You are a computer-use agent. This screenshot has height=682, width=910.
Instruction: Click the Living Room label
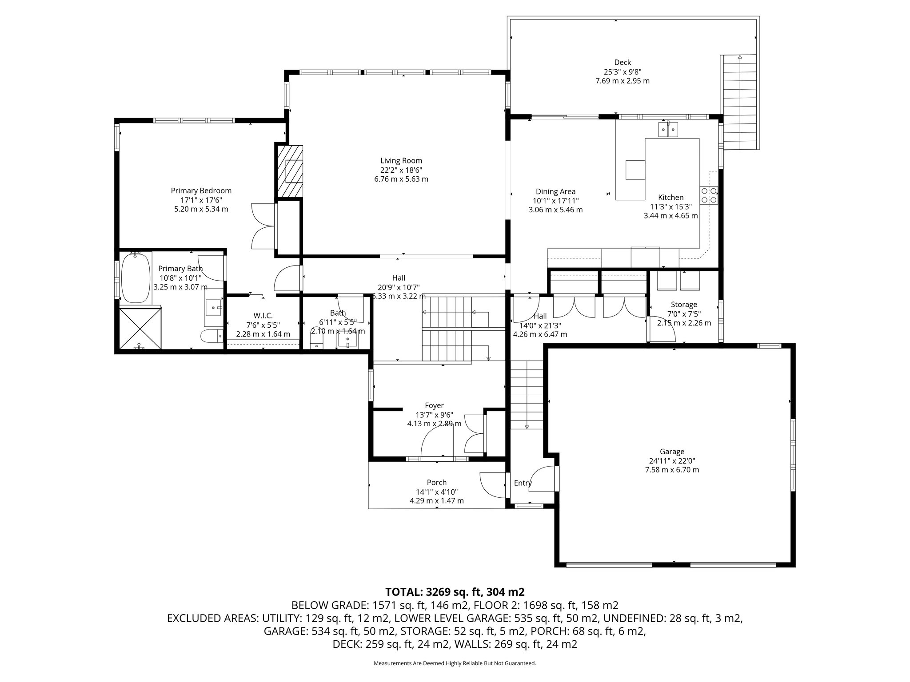point(401,161)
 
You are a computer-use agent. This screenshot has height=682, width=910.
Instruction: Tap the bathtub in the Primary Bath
point(136,278)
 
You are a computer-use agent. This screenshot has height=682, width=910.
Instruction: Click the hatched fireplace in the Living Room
point(290,171)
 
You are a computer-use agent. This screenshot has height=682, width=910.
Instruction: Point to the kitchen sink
point(668,130)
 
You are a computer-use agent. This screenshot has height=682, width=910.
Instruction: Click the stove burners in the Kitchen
point(709,195)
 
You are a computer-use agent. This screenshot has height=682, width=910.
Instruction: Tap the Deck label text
point(623,63)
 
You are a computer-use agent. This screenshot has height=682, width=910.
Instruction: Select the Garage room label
point(672,452)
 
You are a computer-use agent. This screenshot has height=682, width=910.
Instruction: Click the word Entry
point(523,483)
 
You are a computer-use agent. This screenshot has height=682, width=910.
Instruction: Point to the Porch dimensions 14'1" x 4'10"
point(436,492)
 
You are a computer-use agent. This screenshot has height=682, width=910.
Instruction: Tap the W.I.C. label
point(263,316)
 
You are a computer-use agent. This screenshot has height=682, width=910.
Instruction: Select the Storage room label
point(684,305)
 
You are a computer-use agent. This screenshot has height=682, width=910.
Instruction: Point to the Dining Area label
point(555,191)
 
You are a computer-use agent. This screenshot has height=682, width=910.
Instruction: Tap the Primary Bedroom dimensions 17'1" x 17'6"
point(201,200)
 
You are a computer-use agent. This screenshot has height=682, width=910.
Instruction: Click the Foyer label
point(434,405)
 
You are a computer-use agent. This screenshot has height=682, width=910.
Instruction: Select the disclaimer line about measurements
point(455,663)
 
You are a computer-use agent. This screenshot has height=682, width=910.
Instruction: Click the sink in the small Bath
point(347,341)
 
